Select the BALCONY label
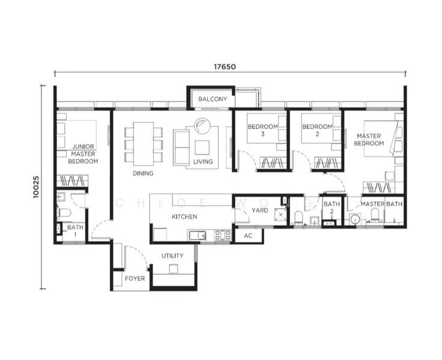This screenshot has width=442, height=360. coord(213,99)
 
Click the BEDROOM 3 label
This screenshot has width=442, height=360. coord(262,130)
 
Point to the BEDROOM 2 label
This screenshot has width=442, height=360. coord(316,130)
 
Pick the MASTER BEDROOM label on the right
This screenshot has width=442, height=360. coord(369,140)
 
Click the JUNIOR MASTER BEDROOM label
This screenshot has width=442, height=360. coord(83,154)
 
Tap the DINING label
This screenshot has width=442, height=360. coord(143,173)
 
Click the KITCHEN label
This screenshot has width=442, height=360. coord(184,217)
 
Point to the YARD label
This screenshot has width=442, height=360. coord(259,211)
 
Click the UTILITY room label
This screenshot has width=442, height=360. coord(172,256)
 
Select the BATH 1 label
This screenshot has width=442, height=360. coord(75,231)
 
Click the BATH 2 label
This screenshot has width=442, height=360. coord(331,208)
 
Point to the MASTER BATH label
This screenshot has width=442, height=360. coord(381,205)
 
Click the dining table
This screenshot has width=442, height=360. coord(143,144)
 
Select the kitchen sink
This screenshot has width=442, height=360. coord(198,235)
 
